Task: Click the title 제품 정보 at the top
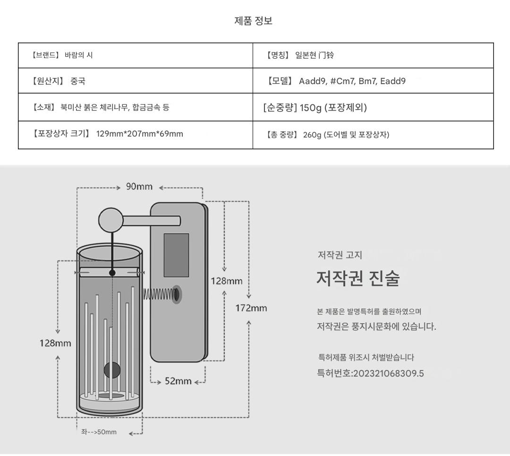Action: coord(254,21)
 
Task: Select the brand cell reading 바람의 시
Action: coord(78,55)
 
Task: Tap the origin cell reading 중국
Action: coord(78,81)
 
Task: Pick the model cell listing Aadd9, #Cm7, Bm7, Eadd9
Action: coord(352,81)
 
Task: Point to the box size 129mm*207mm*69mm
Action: coord(139,134)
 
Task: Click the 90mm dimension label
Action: coord(139,187)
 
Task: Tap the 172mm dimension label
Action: coord(251,309)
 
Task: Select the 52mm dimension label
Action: coord(178,381)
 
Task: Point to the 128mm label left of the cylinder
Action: coord(55,343)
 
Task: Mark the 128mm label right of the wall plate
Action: coord(226,281)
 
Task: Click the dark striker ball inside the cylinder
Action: coord(112,370)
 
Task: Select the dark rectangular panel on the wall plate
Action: coord(176,255)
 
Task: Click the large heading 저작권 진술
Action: coord(357,279)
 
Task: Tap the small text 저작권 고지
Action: coord(340,255)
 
